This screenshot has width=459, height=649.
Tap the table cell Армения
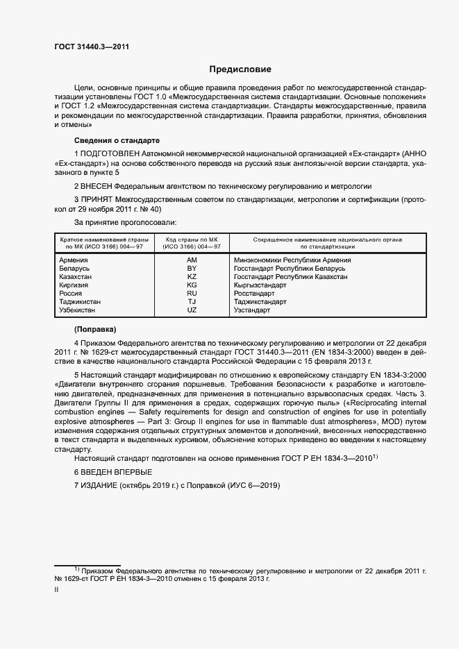(x=74, y=260)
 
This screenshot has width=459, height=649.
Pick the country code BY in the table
(x=192, y=269)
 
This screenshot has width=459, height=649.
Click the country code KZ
(x=192, y=277)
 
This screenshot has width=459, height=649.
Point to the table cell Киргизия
(x=75, y=285)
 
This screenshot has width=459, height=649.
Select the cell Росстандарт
(x=255, y=294)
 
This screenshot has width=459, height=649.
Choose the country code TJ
(x=192, y=302)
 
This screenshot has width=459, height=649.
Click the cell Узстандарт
(x=252, y=310)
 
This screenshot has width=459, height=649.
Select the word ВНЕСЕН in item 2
(x=97, y=187)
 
